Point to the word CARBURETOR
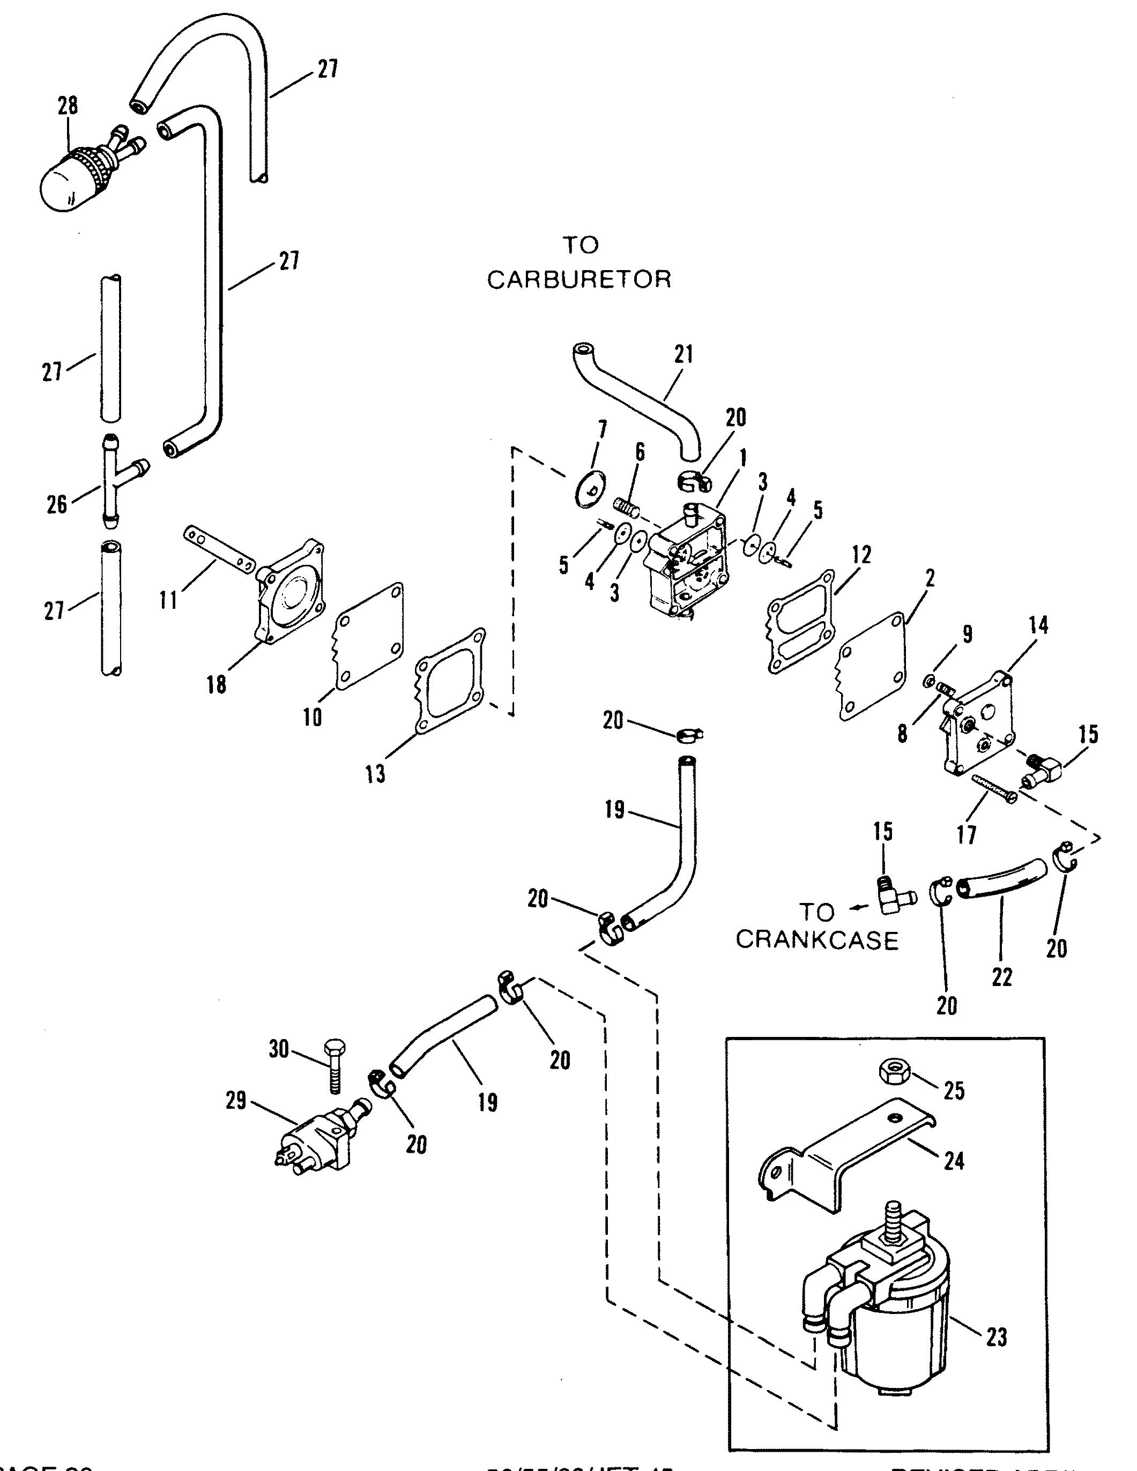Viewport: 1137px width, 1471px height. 579,280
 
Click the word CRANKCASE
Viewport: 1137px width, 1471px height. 817,940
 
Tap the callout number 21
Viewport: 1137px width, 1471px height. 683,354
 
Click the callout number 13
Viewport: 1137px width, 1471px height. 375,774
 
